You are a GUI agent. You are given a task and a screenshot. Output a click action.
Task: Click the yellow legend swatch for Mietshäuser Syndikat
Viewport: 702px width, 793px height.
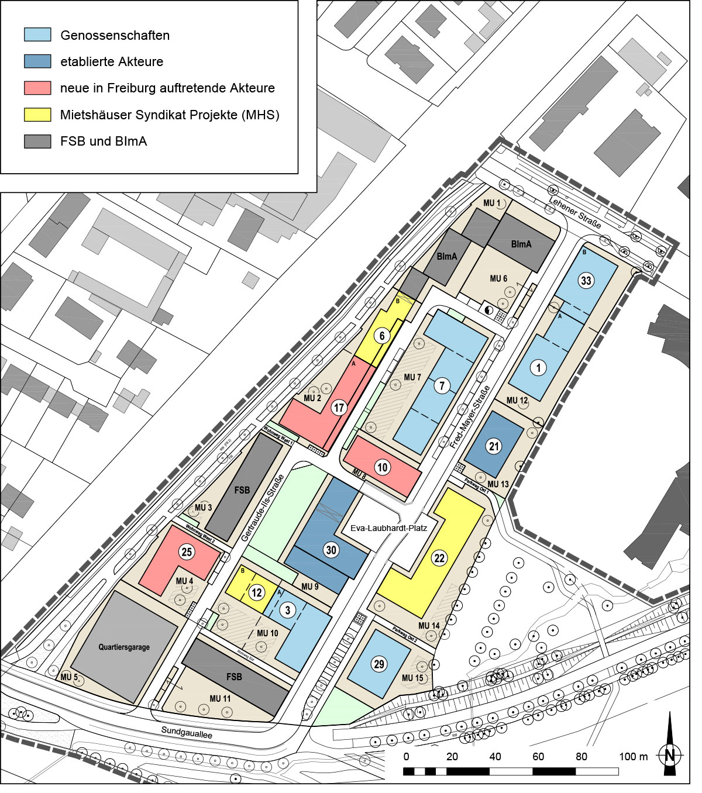coord(37,115)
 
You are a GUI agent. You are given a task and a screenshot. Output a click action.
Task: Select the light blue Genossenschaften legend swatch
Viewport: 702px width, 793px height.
coord(37,35)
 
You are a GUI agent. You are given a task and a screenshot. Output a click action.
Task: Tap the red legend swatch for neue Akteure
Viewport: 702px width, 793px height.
coord(37,88)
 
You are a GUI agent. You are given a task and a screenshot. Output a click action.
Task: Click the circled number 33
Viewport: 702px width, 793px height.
coord(586,281)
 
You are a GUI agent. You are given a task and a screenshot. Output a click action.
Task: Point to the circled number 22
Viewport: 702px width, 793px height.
coord(439,558)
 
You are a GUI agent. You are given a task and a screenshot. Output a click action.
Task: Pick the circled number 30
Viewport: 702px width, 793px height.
coord(331,550)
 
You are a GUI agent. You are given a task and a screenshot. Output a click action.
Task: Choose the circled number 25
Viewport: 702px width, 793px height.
coord(187,552)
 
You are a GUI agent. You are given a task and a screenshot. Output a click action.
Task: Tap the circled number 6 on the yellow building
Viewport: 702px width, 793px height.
coord(382,336)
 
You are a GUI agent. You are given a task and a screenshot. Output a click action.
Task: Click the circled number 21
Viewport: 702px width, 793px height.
coord(494,447)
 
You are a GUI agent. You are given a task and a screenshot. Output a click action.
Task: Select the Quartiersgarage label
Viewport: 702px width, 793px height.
coord(124,647)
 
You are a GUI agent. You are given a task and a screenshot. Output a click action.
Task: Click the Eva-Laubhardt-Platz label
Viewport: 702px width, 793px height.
coord(389,528)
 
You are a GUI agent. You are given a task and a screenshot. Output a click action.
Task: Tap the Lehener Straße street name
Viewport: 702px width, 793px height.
coord(575,213)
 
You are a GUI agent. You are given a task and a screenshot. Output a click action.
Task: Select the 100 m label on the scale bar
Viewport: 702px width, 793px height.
coord(634,757)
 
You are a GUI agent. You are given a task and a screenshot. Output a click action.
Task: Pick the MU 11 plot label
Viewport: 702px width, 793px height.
coord(220,699)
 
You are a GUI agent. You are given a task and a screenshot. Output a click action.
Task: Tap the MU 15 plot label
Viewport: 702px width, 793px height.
coord(412,678)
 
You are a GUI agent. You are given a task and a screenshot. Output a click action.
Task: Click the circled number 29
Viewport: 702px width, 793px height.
coord(379,664)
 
